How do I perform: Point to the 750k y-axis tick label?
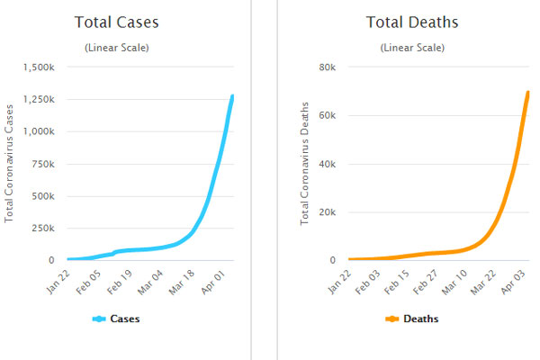click(41, 164)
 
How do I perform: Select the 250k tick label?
click(41, 229)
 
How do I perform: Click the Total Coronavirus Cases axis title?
click(10, 164)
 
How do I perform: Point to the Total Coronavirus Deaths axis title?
click(306, 164)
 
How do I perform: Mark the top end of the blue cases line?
click(232, 96)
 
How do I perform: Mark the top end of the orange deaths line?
click(527, 93)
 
